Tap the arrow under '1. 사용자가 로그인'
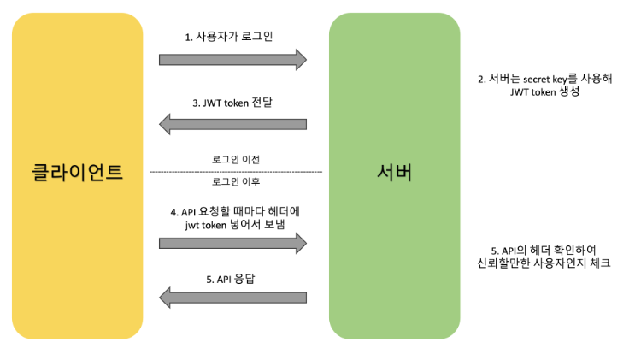pyautogui.click(x=232, y=59)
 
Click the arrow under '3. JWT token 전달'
pyautogui.click(x=232, y=124)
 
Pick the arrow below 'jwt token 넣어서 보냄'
pyautogui.click(x=232, y=243)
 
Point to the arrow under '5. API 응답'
pyautogui.click(x=232, y=298)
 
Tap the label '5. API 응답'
pyautogui.click(x=232, y=278)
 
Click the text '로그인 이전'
pyautogui.click(x=236, y=160)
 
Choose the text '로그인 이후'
pyautogui.click(x=236, y=182)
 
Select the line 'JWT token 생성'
pyautogui.click(x=544, y=91)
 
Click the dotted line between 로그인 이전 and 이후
pyautogui.click(x=236, y=172)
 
